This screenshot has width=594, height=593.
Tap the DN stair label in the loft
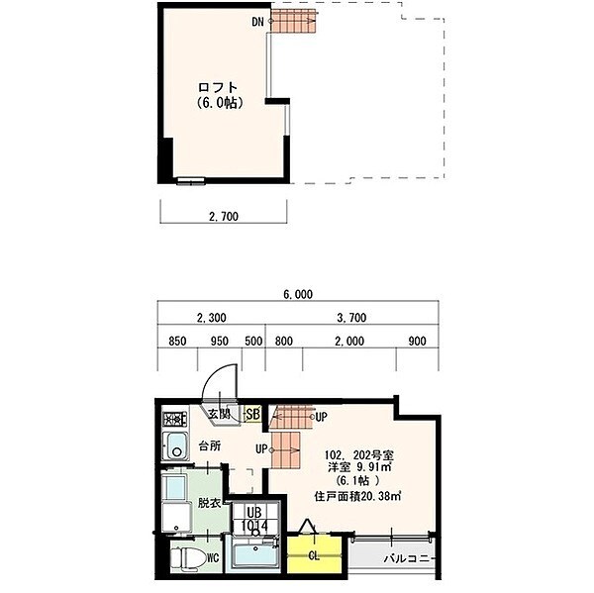tap(257, 21)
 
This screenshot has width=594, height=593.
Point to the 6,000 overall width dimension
tap(297, 294)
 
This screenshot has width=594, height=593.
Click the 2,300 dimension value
tap(212, 318)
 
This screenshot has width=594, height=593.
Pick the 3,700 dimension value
tap(353, 318)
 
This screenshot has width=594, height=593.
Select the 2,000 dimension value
tap(348, 342)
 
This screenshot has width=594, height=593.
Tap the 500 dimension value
tap(252, 342)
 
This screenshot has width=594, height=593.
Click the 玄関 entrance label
tap(219, 414)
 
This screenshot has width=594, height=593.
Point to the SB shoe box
tap(252, 414)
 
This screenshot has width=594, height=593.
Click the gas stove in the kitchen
tap(176, 418)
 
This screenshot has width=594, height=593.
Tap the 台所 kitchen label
tap(208, 446)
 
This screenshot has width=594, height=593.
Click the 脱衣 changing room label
tap(208, 502)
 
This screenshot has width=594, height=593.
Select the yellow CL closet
tap(314, 556)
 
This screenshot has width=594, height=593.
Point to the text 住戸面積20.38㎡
tap(357, 497)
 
